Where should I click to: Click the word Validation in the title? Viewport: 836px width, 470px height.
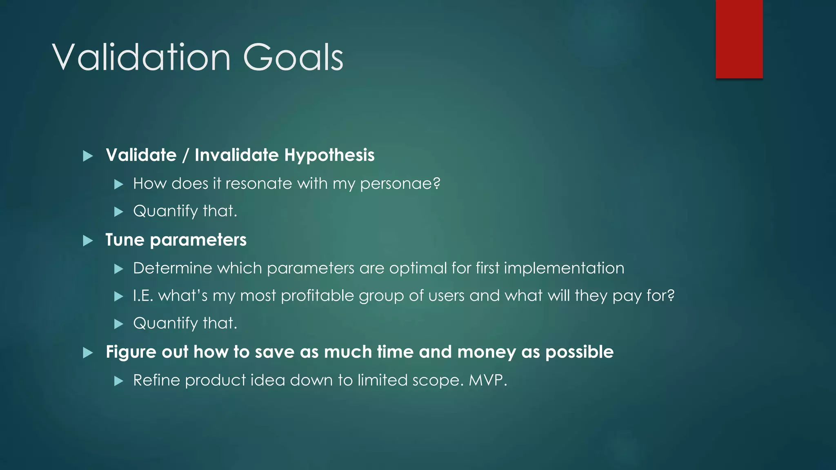pos(141,58)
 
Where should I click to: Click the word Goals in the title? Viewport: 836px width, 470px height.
pos(293,58)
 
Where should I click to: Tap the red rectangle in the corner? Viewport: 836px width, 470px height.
pos(739,39)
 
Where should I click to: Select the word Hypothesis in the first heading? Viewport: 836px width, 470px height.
pos(329,155)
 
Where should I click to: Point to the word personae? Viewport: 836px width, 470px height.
pos(400,184)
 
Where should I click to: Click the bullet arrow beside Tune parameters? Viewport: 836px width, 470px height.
pos(88,240)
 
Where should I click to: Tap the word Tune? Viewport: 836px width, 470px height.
pos(125,240)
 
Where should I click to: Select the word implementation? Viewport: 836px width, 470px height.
pos(564,268)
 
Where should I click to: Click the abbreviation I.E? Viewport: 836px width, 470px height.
pos(143,296)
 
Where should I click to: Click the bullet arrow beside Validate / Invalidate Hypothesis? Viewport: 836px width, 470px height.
pos(88,156)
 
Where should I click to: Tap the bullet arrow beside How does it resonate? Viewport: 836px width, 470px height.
pos(119,184)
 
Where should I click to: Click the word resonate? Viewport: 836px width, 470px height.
pos(258,184)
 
